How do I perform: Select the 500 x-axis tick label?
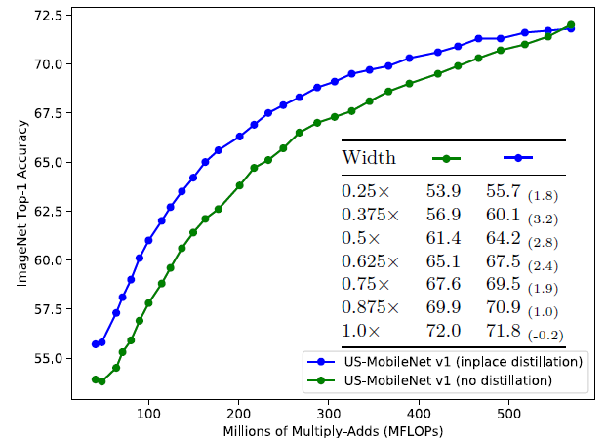[508, 415]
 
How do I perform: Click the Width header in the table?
[368, 157]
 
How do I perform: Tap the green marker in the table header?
[445, 157]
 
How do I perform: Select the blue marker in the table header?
[516, 157]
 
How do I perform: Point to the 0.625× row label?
[370, 260]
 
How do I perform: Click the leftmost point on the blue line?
[95, 343]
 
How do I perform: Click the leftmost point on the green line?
[95, 379]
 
